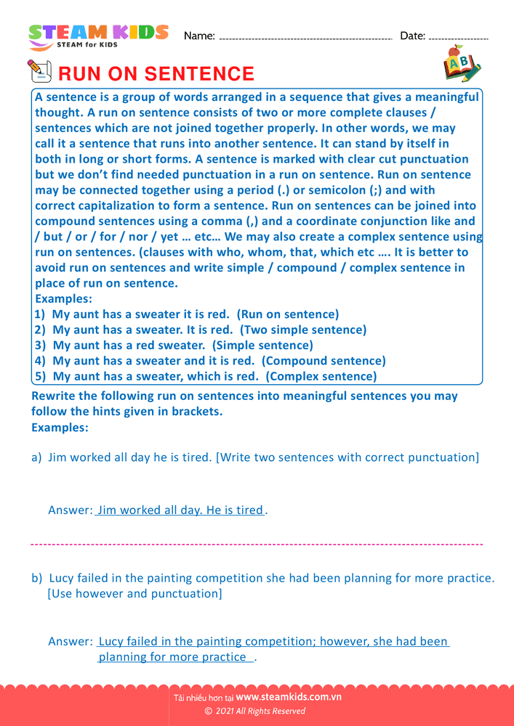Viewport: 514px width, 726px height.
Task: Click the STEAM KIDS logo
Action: point(98,36)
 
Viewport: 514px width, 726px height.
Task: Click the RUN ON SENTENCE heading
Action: point(156,74)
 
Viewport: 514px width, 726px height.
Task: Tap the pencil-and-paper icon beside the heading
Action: point(39,71)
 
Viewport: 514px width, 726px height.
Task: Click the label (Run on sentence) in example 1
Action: point(289,314)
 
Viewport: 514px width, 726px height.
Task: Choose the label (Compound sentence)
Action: point(324,360)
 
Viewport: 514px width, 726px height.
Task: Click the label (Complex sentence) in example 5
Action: point(321,376)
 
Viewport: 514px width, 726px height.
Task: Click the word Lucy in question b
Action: point(63,578)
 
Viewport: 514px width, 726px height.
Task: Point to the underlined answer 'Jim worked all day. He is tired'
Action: point(180,510)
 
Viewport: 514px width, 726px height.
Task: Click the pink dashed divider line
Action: point(257,544)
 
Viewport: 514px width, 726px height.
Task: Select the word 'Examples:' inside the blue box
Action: point(64,298)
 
